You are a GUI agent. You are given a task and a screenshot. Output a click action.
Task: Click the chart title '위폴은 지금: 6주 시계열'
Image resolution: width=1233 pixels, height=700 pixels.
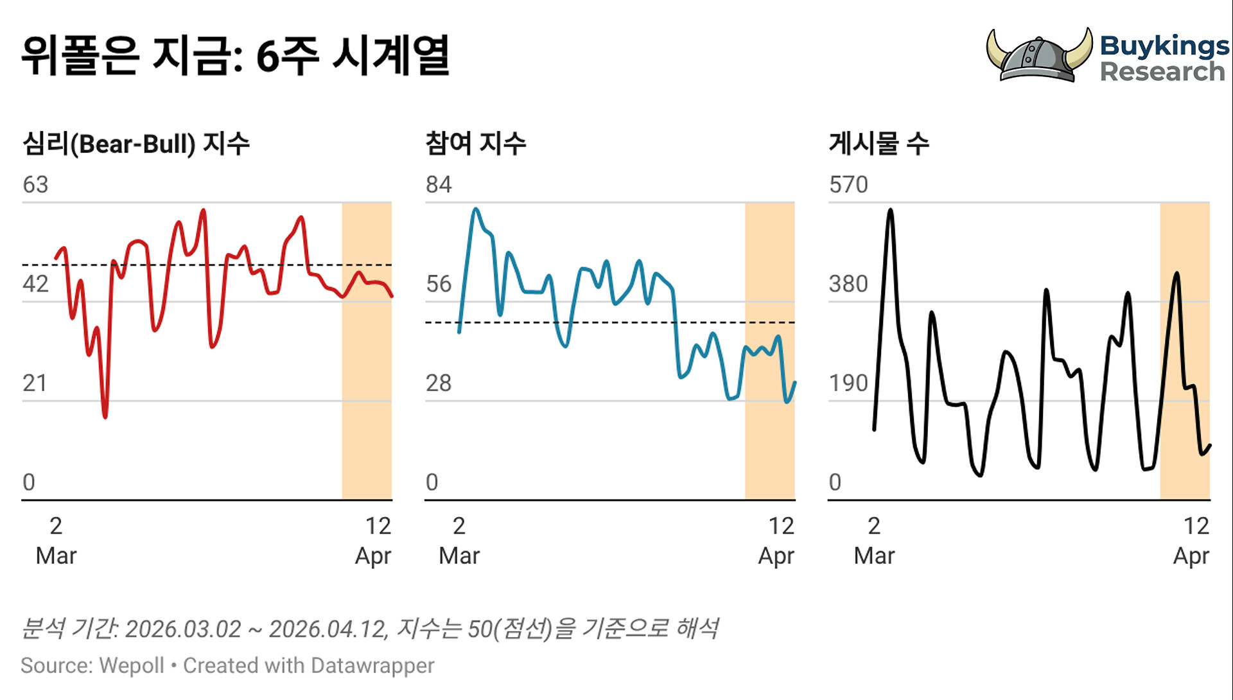coord(235,57)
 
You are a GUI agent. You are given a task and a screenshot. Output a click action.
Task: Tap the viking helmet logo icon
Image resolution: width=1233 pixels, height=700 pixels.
coord(1038,57)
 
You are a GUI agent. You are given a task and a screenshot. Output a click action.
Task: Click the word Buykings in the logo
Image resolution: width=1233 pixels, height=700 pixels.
coord(1164,46)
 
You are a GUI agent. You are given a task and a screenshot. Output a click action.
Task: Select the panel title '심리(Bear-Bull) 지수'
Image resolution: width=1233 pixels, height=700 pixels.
coord(136,143)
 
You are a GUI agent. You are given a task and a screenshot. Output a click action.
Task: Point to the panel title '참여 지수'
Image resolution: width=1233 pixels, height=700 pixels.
coord(475,143)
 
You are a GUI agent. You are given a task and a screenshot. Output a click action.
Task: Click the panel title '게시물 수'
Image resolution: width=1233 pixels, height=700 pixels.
coord(879,143)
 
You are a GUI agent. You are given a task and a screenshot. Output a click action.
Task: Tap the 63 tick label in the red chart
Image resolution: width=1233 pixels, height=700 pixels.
coord(35,185)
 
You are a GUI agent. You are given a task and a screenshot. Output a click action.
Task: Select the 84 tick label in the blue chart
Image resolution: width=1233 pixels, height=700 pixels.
coord(439,185)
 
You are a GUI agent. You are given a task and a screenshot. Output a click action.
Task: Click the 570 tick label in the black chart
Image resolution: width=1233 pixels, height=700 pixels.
coord(848,185)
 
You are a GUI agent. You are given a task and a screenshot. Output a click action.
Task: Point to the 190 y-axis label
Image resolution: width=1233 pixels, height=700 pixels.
coord(848,383)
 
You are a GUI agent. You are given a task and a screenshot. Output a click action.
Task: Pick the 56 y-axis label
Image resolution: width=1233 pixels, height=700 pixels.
coord(439,284)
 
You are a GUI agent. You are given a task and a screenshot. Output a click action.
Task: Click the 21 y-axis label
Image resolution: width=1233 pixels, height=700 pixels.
coord(35,383)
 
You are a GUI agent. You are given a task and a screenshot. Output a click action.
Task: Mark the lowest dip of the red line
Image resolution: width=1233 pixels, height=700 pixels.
coord(105,417)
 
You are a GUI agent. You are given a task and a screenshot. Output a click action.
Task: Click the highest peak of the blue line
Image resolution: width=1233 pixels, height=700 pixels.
coord(475,209)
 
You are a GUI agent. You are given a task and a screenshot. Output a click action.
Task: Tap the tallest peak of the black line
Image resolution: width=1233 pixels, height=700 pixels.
coord(890,209)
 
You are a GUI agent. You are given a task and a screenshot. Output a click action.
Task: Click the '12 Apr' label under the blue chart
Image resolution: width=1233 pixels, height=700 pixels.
coord(777,541)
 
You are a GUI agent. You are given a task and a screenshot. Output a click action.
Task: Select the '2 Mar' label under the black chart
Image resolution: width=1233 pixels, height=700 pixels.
coord(874,541)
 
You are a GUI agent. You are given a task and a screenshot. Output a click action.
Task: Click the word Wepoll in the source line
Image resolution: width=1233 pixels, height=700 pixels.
coord(132,666)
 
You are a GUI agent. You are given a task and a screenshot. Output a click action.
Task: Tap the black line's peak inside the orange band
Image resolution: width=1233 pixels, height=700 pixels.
coord(1176,274)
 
